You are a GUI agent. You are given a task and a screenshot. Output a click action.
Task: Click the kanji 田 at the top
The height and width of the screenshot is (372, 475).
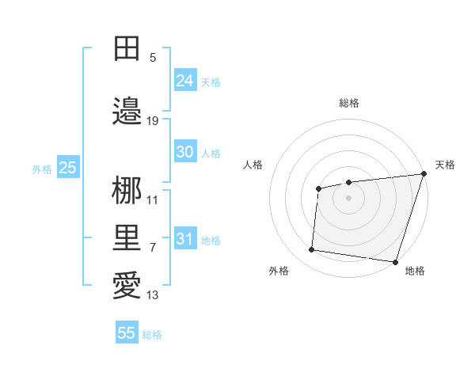coord(127,49)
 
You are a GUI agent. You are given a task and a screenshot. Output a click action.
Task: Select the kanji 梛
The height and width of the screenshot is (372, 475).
coord(127,191)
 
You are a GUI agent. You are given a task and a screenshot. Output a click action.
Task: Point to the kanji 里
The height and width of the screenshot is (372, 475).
coord(127,238)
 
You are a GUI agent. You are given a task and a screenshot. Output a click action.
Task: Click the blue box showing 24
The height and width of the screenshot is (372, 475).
coord(185,81)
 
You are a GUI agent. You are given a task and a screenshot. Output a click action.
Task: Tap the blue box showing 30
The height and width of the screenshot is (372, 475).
coord(185,153)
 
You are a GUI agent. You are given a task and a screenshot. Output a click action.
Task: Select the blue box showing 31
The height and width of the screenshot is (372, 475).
coord(185,239)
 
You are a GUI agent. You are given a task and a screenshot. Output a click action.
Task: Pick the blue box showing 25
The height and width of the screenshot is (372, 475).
coord(67,168)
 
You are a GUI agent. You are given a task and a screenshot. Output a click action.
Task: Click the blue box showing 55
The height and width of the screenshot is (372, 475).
coord(127,333)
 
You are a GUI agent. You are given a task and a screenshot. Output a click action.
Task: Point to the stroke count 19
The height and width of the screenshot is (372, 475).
coord(153,120)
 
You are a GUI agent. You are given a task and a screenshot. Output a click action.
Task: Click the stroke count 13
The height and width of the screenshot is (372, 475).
coord(153,295)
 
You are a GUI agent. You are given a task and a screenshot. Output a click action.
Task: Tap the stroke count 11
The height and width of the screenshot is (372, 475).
coord(153,199)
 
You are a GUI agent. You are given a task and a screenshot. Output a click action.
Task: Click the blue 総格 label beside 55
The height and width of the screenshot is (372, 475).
coord(152,335)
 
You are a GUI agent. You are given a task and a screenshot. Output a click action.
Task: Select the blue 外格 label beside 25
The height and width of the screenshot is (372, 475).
coord(42,169)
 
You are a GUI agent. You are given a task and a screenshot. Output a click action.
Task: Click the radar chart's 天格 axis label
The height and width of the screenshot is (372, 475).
coord(445,165)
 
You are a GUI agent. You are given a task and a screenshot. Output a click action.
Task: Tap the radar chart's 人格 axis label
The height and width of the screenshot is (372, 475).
coord(253,165)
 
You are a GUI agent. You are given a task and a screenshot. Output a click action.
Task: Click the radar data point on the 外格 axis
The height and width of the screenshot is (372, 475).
coord(312,250)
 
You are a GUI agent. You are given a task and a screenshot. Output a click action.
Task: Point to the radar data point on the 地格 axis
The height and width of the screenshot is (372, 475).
coord(395,261)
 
